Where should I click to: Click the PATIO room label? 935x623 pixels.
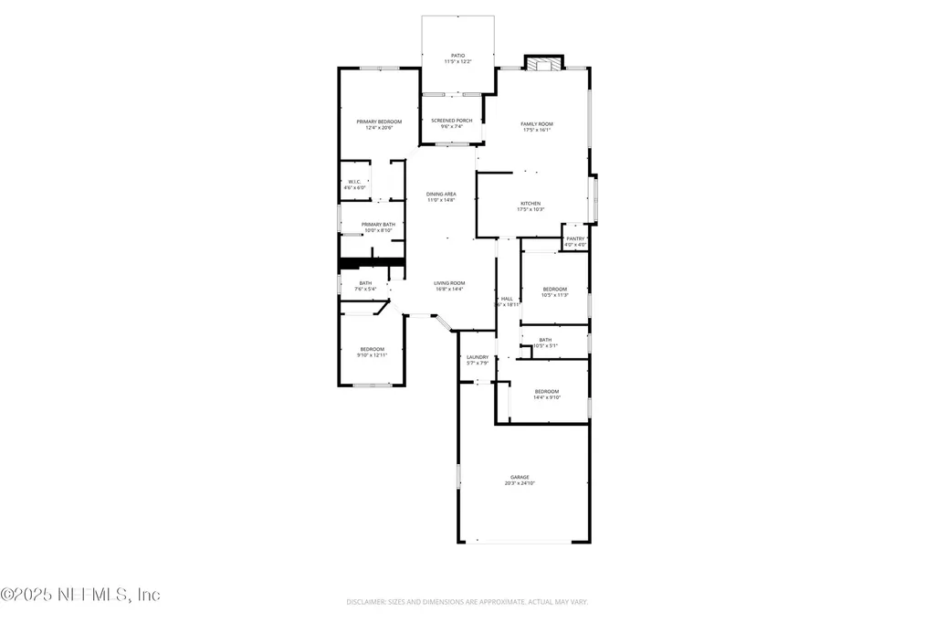[x=457, y=55]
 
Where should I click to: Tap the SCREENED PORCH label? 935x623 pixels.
[x=452, y=121]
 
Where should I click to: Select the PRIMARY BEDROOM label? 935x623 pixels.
[x=379, y=121]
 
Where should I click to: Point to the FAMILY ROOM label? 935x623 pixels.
[x=537, y=124]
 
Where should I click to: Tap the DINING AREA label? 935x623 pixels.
[x=441, y=195]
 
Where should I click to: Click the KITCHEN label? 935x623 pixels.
[x=531, y=204]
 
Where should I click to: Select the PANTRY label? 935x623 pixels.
[x=575, y=238]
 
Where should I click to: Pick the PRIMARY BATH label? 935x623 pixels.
[x=378, y=225]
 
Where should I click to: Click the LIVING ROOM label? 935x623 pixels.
[x=449, y=283]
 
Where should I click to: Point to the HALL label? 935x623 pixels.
[x=507, y=299]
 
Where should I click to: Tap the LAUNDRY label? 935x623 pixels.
[x=478, y=357]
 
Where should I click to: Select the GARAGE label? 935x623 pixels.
[x=520, y=477]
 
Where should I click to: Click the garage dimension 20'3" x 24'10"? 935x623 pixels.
[x=520, y=483]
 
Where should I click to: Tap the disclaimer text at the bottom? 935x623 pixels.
[x=467, y=602]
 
